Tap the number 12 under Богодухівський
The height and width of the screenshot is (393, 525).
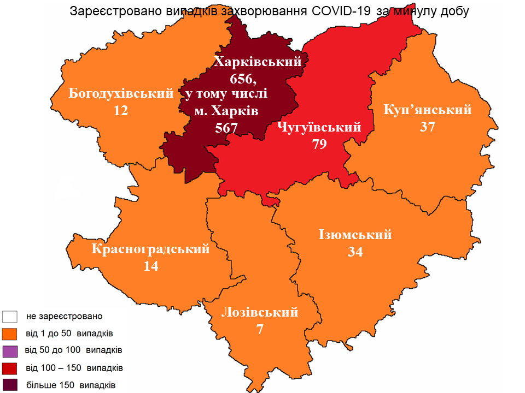pos(121,111)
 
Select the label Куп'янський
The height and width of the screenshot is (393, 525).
pos(428,110)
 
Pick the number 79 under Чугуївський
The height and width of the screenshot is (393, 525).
pos(319,145)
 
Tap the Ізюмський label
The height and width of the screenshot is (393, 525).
pos(355,235)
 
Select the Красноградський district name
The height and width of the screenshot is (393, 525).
pos(151,249)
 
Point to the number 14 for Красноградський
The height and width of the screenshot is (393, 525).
pos(151,266)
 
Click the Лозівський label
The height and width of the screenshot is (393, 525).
pos(260,312)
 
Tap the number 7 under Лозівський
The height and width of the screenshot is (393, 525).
pos(260,330)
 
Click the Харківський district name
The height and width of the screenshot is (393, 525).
pos(258,62)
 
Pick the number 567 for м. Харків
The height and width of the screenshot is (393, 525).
pos(226,128)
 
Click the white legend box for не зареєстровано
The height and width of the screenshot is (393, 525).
pos(10,317)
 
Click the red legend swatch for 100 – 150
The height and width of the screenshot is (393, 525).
pos(10,367)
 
